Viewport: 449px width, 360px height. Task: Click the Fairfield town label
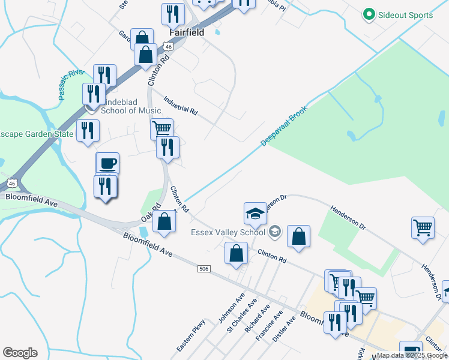[x=187, y=32]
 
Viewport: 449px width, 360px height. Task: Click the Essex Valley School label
[x=228, y=232]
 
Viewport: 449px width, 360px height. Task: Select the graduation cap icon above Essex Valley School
[x=255, y=212]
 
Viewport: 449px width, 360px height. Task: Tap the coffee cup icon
[x=107, y=163]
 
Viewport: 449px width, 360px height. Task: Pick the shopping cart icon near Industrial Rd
[x=161, y=128]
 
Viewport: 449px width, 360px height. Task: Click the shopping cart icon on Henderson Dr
[x=423, y=227]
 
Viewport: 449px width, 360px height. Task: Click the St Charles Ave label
[x=241, y=315]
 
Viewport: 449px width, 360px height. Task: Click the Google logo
[x=20, y=353]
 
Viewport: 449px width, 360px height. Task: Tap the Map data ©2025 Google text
[x=412, y=355]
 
